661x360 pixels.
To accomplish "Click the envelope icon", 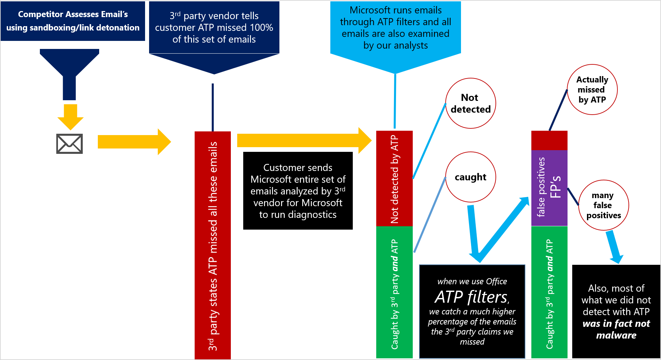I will (69, 144).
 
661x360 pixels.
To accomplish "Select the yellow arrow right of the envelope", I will (134, 142).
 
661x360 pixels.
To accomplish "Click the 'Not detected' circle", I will (470, 103).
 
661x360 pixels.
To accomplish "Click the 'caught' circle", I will (470, 177).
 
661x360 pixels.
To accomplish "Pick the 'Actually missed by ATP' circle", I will (592, 89).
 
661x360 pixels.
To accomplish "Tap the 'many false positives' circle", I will (603, 205).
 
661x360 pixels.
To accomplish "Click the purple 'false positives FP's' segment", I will (549, 188).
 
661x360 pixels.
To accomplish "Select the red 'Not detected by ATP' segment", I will (394, 179).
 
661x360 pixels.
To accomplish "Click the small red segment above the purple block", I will (549, 140).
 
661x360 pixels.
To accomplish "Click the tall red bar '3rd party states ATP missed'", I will (212, 245).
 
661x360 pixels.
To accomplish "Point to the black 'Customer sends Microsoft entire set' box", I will (298, 191).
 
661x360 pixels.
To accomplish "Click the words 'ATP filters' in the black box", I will (472, 297).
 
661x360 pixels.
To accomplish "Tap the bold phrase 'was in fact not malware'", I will (616, 329).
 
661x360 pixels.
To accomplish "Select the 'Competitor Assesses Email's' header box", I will (73, 21).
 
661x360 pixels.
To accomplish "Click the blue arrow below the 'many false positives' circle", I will (614, 247).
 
